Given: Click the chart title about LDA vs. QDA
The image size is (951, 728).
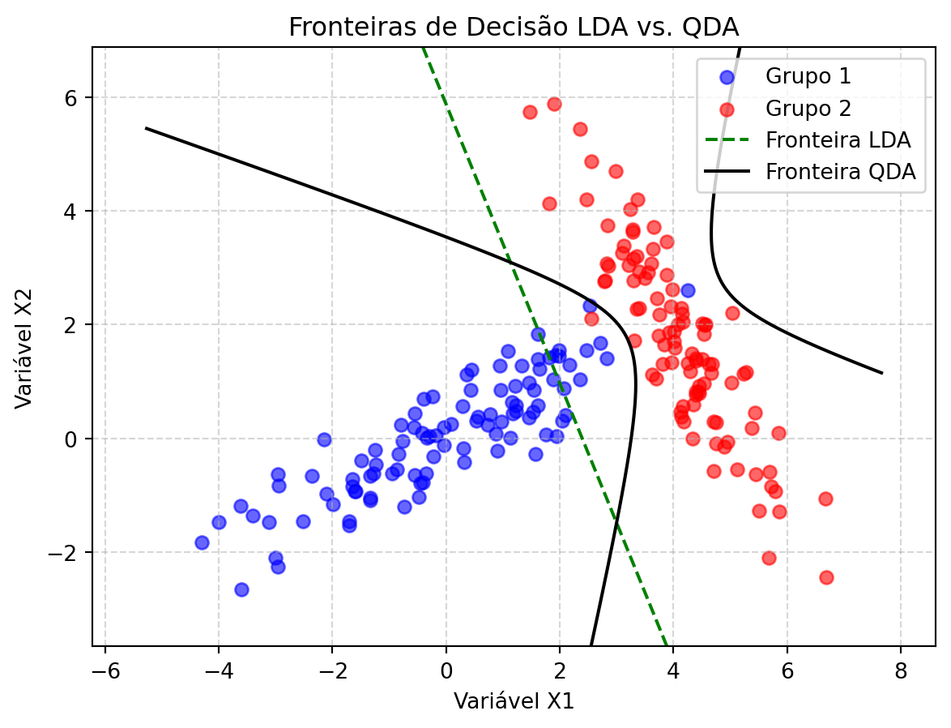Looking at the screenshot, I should pos(514,28).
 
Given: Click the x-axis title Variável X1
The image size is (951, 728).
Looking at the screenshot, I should pos(514,700).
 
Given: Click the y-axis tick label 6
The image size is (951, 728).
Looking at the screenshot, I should pos(77,97).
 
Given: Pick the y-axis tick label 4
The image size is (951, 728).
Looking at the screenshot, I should pos(77,211).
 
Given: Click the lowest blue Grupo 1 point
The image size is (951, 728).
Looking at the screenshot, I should pos(241,589).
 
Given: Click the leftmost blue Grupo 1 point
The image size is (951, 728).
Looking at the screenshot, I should pos(202,542).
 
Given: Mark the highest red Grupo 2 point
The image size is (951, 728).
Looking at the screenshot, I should pos(554,104).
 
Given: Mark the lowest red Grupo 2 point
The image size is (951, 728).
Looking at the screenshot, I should pos(826,577).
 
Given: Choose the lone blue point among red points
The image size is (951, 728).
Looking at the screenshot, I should pos(688,290).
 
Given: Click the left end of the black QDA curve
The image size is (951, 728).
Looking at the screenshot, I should pos(146,128).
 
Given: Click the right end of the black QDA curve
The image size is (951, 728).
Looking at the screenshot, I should pos(881,373).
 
